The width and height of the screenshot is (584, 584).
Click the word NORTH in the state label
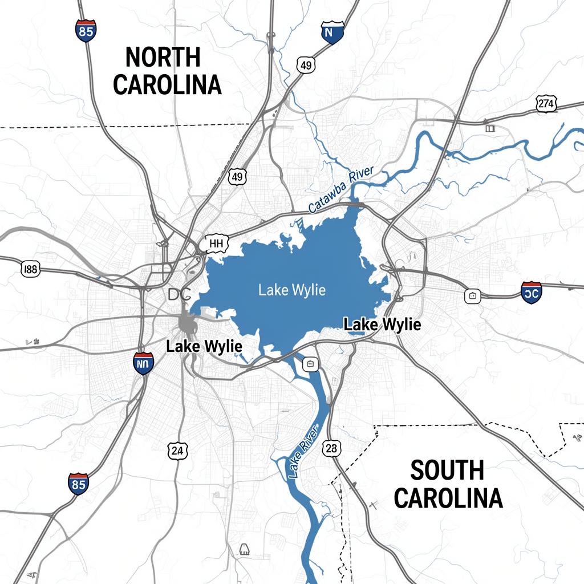(163, 58)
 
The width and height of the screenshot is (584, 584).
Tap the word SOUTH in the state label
(447, 471)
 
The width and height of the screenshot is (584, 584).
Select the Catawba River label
(340, 190)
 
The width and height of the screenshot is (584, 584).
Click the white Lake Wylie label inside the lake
(292, 290)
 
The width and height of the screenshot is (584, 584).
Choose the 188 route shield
(31, 269)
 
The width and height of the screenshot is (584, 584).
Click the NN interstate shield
(143, 363)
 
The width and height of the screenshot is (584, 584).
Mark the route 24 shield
(177, 450)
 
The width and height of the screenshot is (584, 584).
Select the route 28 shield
(331, 448)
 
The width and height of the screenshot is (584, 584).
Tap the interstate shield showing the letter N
(332, 32)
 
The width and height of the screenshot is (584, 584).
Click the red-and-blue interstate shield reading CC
(531, 292)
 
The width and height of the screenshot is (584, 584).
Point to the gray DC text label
(181, 295)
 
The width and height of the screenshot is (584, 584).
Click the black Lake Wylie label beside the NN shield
(204, 346)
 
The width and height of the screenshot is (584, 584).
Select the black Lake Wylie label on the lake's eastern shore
(383, 325)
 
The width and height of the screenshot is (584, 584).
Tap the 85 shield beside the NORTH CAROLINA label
(86, 31)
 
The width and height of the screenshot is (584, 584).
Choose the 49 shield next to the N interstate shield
(306, 66)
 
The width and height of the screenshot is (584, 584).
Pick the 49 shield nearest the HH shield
(237, 177)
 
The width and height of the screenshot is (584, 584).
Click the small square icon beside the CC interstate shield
(473, 295)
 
